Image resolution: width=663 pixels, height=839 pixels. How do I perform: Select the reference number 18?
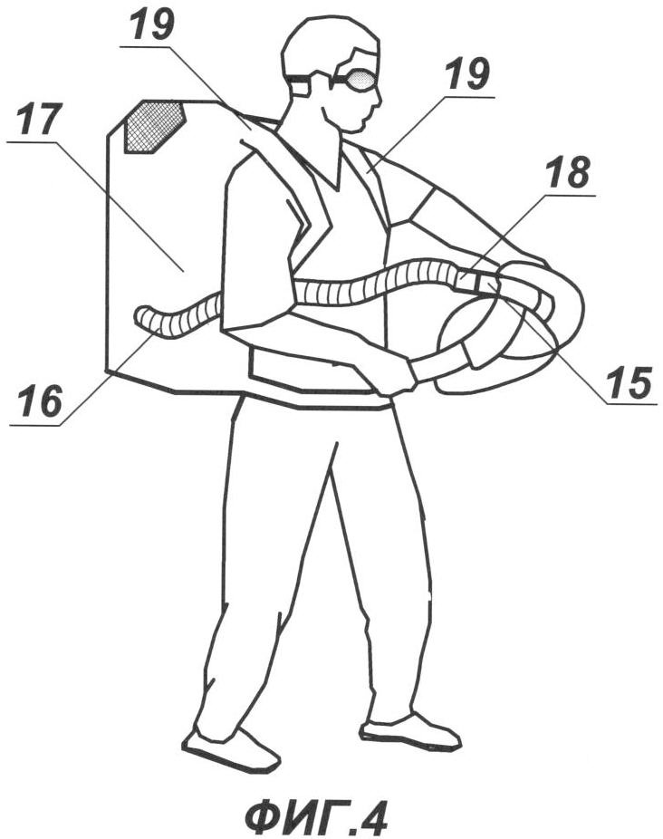(x=567, y=173)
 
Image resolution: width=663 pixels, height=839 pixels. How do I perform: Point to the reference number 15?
(x=629, y=383)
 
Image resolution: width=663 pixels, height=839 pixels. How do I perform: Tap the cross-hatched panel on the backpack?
(x=154, y=126)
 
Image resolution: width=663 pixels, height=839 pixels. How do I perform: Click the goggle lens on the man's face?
(x=359, y=81)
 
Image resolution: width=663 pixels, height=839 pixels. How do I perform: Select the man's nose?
(x=378, y=96)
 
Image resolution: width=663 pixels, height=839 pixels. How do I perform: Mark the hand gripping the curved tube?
(x=393, y=377)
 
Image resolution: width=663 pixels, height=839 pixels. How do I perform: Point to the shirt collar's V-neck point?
(x=337, y=188)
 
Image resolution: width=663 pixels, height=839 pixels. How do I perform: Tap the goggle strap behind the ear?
(x=297, y=79)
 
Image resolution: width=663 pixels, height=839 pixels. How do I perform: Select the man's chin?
(x=360, y=129)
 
